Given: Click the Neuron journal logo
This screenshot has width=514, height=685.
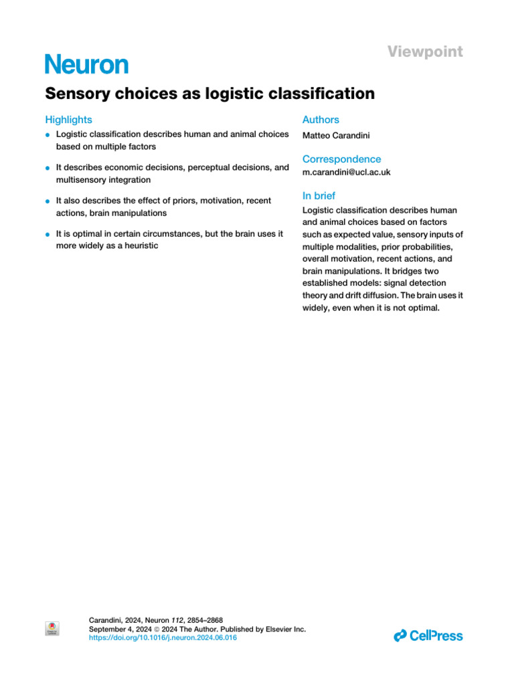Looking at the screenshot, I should (x=86, y=65).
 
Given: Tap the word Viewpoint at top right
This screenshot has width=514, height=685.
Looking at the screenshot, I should (x=425, y=52).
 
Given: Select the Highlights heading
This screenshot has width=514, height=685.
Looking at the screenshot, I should (x=68, y=120).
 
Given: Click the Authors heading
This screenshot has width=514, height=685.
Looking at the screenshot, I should (x=321, y=120).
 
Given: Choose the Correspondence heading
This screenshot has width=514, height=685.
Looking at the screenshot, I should (x=341, y=159).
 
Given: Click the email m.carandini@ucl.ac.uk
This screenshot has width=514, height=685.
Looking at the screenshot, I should (x=346, y=172).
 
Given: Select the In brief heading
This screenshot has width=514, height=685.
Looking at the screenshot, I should (x=319, y=196).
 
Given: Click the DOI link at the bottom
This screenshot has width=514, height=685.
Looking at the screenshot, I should (x=163, y=638).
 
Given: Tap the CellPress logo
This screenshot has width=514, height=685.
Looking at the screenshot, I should (x=428, y=635).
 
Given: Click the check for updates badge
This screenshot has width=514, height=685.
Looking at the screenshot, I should (x=52, y=628).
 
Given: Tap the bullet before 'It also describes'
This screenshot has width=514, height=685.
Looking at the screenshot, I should (x=48, y=201).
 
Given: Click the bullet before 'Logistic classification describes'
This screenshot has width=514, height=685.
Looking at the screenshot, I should (x=48, y=135).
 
